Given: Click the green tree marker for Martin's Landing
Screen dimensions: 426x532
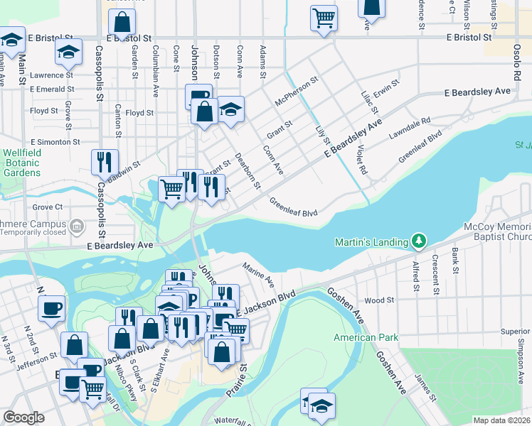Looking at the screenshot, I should tap(420, 242).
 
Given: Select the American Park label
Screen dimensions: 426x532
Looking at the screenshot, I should tap(366, 337).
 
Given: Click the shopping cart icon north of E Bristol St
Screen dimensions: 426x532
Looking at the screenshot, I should tap(324, 17).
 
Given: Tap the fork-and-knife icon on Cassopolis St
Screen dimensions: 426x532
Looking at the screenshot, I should tap(105, 163).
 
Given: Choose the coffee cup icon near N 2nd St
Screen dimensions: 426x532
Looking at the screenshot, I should tap(52, 309).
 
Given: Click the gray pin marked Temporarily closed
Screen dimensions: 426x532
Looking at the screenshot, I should tap(78, 226).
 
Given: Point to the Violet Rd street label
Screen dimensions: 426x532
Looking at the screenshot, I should tap(362, 160).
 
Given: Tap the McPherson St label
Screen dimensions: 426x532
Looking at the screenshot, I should tap(296, 92).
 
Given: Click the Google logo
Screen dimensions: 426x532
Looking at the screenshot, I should tap(23, 417).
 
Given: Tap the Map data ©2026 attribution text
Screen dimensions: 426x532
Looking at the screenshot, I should tap(501, 420).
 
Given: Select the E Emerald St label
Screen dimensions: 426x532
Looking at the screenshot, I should tap(52, 89).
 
